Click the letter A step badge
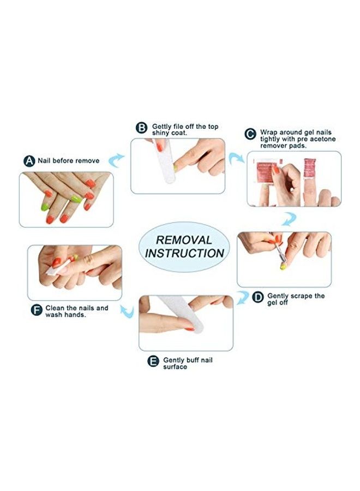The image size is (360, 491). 29,161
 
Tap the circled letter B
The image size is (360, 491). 141,128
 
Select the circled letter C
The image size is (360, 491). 250,134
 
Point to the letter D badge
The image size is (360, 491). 257,297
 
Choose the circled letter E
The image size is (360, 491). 153,361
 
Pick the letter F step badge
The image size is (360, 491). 37,310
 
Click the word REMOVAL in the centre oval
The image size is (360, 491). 184,240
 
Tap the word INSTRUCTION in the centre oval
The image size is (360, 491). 184,253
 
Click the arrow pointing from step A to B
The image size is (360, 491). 115,160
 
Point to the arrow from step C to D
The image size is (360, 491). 289,219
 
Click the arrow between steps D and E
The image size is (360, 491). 242,297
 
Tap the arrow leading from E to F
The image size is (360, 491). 128,312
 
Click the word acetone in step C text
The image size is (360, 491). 322,139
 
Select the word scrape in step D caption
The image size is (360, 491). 302,296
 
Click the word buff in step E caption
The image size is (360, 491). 193,360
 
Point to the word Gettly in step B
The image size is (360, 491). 161,127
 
